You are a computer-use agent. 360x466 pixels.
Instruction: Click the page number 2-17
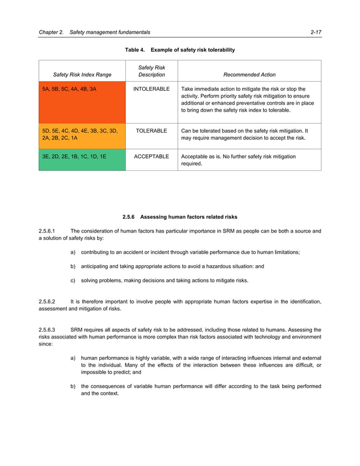point(315,32)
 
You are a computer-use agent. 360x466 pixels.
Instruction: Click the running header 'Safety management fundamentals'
point(108,32)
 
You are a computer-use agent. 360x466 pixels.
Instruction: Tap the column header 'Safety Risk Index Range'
point(82,74)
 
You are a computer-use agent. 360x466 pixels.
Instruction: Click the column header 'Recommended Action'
point(249,74)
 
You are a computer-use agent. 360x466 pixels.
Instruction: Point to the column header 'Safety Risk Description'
point(152,71)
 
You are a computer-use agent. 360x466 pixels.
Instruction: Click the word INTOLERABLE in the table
point(151,89)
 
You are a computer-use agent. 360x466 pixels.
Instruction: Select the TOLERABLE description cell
point(151,131)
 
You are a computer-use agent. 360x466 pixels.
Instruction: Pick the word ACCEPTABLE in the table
point(151,156)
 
